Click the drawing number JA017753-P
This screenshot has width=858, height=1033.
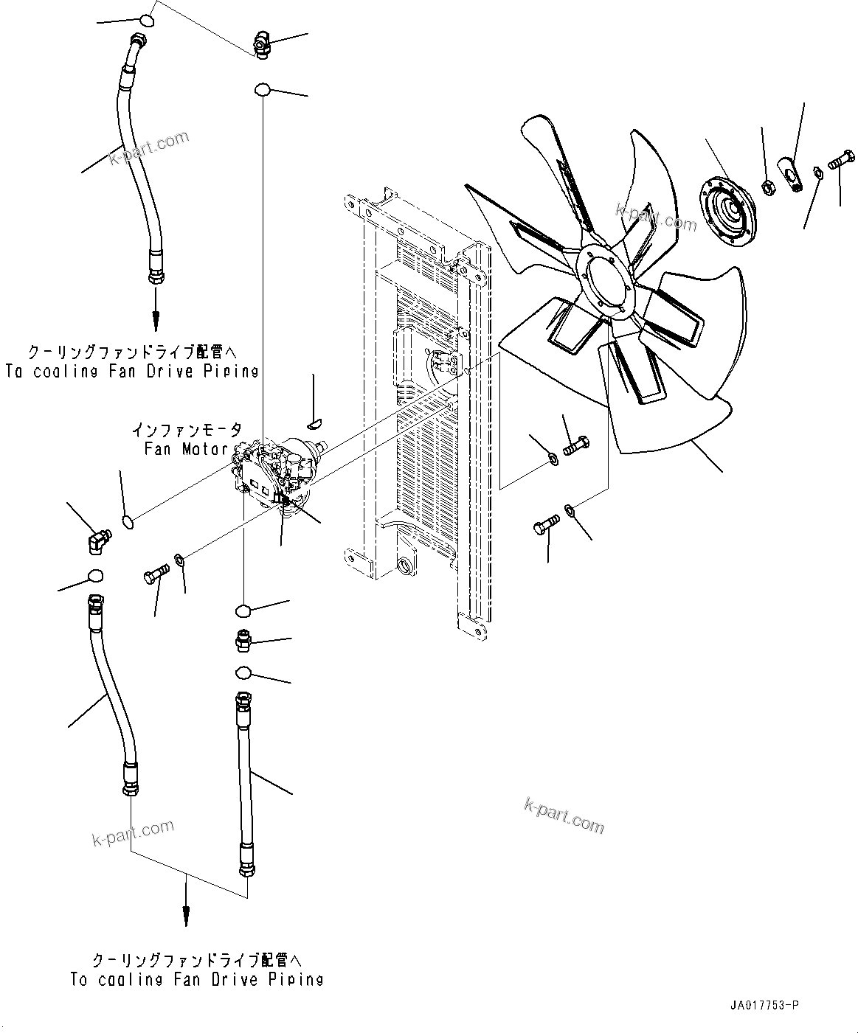tap(766, 1005)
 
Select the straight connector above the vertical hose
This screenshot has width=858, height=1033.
tap(243, 640)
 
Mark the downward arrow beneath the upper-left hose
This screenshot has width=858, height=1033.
tap(156, 310)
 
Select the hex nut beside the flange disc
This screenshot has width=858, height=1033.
tap(767, 187)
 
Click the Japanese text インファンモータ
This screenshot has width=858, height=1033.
tap(186, 430)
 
